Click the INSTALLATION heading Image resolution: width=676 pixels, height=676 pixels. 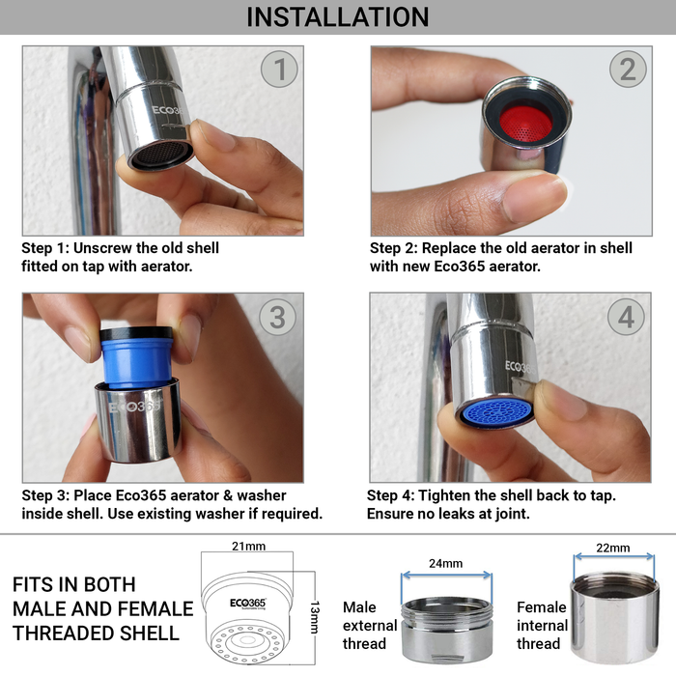[337, 17]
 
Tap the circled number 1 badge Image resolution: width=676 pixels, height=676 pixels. [281, 70]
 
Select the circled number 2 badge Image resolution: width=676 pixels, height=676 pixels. [628, 70]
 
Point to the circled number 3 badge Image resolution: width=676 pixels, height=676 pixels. [278, 317]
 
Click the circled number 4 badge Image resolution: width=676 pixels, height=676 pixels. [626, 317]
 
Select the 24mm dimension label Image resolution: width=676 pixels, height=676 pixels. [445, 562]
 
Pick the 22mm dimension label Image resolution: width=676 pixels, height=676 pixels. [613, 548]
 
